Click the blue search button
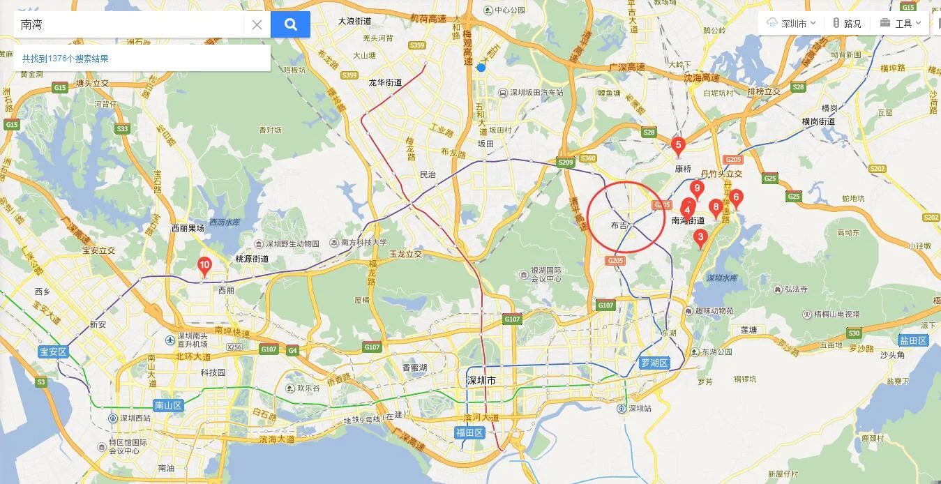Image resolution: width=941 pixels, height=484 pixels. (x=290, y=24)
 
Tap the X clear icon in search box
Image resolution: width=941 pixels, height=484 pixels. (x=257, y=24)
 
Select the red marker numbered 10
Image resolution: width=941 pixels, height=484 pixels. (x=204, y=265)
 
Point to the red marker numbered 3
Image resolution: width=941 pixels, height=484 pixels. (x=701, y=237)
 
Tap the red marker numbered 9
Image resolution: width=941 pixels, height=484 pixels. (x=695, y=188)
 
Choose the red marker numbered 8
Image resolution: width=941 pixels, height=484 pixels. (x=715, y=207)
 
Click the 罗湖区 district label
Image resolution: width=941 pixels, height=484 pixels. (x=654, y=363)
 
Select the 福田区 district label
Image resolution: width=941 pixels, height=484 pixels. (x=469, y=432)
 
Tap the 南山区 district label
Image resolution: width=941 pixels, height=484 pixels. (x=167, y=405)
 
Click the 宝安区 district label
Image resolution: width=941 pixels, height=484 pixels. (x=53, y=351)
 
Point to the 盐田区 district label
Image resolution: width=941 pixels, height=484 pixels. (x=913, y=340)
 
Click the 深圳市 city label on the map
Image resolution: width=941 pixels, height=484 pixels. (x=481, y=380)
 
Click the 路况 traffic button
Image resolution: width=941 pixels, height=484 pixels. (x=847, y=23)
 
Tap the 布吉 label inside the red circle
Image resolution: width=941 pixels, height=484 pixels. (x=619, y=225)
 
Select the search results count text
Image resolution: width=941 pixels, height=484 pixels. (x=66, y=59)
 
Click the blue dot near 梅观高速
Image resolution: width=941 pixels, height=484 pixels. (x=481, y=68)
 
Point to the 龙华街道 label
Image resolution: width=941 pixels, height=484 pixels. (x=385, y=82)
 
